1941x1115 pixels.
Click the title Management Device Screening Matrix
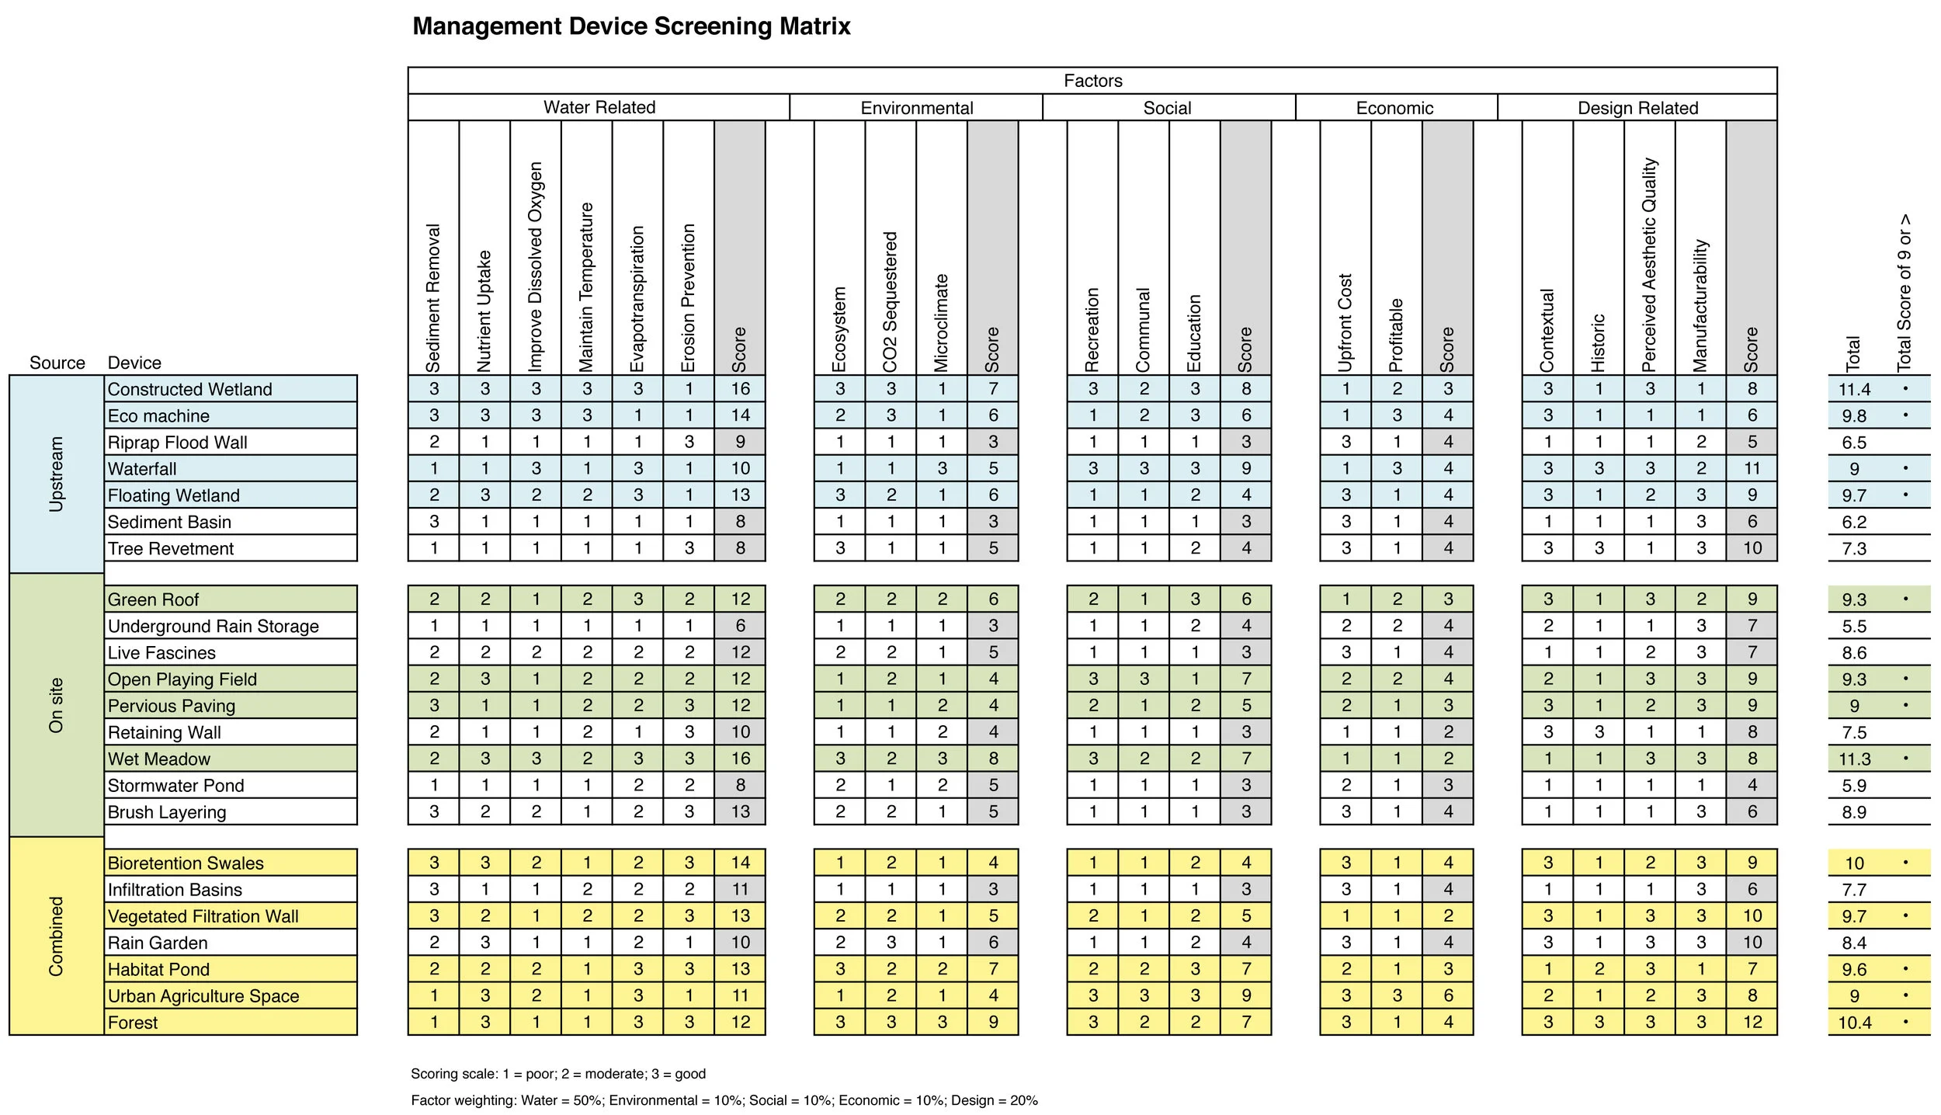pyautogui.click(x=631, y=26)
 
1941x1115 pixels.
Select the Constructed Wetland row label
pyautogui.click(x=189, y=389)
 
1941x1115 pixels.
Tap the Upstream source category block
pyautogui.click(x=56, y=474)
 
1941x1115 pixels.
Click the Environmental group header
pyautogui.click(x=916, y=108)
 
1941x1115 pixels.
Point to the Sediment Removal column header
pyautogui.click(x=433, y=299)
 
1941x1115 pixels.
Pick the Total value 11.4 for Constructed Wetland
pyautogui.click(x=1854, y=390)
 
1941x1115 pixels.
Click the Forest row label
pyautogui.click(x=133, y=1023)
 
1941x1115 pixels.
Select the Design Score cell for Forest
pyautogui.click(x=1752, y=1023)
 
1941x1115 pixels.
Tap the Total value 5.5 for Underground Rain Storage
pyautogui.click(x=1854, y=627)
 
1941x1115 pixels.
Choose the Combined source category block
pyautogui.click(x=56, y=936)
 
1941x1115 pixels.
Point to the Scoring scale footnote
pyautogui.click(x=557, y=1074)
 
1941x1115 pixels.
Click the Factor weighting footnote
pyautogui.click(x=724, y=1100)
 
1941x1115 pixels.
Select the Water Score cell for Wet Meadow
pyautogui.click(x=740, y=759)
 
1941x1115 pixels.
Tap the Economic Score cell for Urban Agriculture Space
pyautogui.click(x=1448, y=995)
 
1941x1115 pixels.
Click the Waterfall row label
pyautogui.click(x=142, y=469)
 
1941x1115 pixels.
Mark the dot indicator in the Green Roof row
pyautogui.click(x=1905, y=599)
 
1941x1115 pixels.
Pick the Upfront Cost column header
pyautogui.click(x=1346, y=322)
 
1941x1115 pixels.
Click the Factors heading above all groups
pyautogui.click(x=1092, y=81)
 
